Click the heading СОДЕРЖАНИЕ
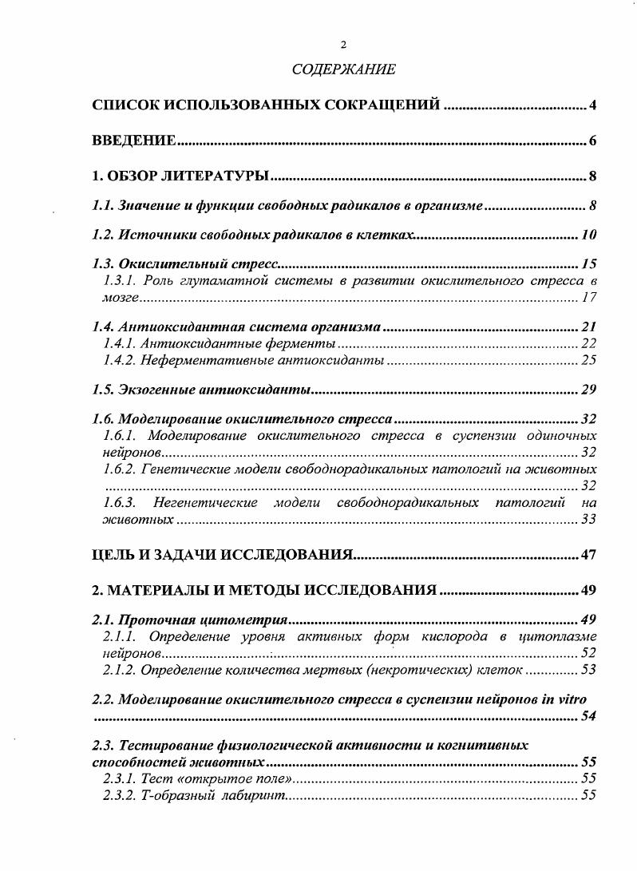343,69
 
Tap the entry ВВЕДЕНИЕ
133,141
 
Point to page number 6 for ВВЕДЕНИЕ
593,141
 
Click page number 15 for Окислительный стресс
589,263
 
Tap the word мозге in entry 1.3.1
121,298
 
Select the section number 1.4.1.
119,343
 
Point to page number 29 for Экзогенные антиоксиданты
589,390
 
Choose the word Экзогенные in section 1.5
155,390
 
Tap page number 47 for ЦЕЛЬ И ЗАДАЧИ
589,555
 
